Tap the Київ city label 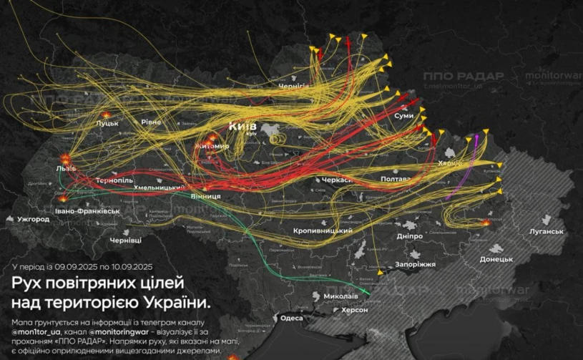pos(242,126)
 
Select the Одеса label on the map pos(292,318)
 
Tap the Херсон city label pos(354,310)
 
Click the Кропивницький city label pos(320,231)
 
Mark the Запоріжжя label pos(415,264)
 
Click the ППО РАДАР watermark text pos(463,76)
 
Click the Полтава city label pos(396,178)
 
